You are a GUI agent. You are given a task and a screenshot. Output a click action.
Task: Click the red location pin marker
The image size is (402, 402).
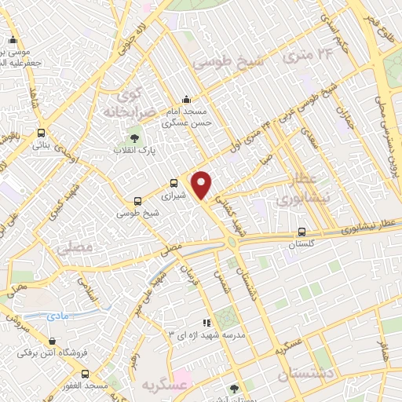click(x=203, y=185)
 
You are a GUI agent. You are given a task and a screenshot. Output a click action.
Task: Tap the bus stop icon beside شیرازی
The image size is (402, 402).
click(x=173, y=183)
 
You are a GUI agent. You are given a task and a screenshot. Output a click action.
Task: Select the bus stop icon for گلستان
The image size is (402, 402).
click(x=302, y=232)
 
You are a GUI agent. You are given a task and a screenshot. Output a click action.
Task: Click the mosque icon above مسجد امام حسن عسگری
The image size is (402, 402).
click(x=185, y=100)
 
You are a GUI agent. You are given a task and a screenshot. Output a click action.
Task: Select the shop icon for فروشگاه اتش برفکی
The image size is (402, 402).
click(x=52, y=342)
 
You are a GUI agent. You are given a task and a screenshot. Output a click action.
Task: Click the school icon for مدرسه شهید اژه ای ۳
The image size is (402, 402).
click(x=206, y=322)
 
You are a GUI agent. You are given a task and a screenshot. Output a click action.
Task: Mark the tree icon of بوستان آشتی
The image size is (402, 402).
click(x=233, y=387)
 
